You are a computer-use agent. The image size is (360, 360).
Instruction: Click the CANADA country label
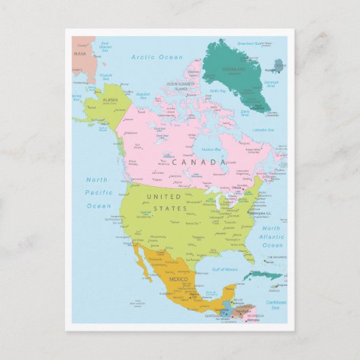tap(198, 162)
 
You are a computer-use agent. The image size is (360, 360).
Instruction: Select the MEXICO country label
tap(178, 279)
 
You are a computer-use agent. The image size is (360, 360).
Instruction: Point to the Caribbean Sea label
tap(276, 304)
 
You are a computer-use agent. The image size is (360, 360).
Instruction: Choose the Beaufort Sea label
tap(143, 96)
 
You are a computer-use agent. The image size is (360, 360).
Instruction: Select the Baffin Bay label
tap(217, 90)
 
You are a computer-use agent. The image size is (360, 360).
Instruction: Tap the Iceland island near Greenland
tap(278, 66)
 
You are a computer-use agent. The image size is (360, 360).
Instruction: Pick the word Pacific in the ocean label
tap(98, 193)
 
